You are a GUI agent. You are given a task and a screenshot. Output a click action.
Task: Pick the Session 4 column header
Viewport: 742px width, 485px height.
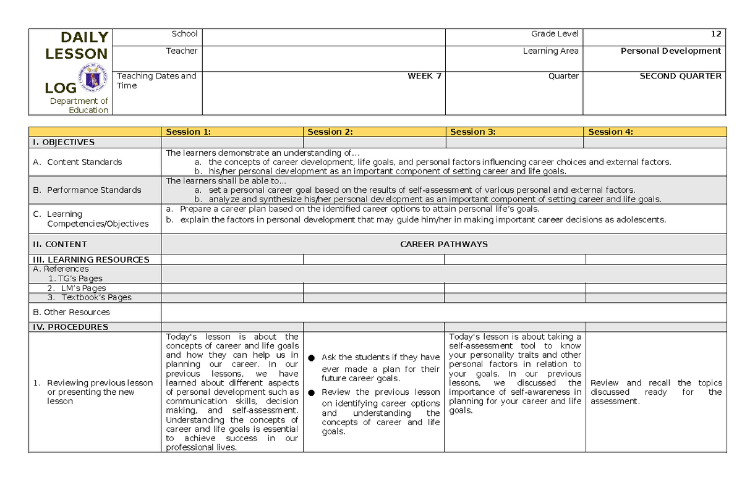611,132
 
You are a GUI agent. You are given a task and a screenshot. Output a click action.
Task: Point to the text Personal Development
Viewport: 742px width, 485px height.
671,51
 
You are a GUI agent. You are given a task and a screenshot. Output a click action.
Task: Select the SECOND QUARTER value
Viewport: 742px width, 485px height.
680,76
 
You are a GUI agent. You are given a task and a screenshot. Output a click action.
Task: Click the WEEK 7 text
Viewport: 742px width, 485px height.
424,76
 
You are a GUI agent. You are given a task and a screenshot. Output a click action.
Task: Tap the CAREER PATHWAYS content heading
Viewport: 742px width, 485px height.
443,244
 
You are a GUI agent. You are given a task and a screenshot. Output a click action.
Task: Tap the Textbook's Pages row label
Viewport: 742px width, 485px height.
90,297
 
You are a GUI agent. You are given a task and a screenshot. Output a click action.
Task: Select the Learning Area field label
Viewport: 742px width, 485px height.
550,51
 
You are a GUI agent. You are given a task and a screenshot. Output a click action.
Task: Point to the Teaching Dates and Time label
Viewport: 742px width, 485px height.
156,81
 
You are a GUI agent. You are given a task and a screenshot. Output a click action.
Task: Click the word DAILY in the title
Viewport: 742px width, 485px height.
85,37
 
